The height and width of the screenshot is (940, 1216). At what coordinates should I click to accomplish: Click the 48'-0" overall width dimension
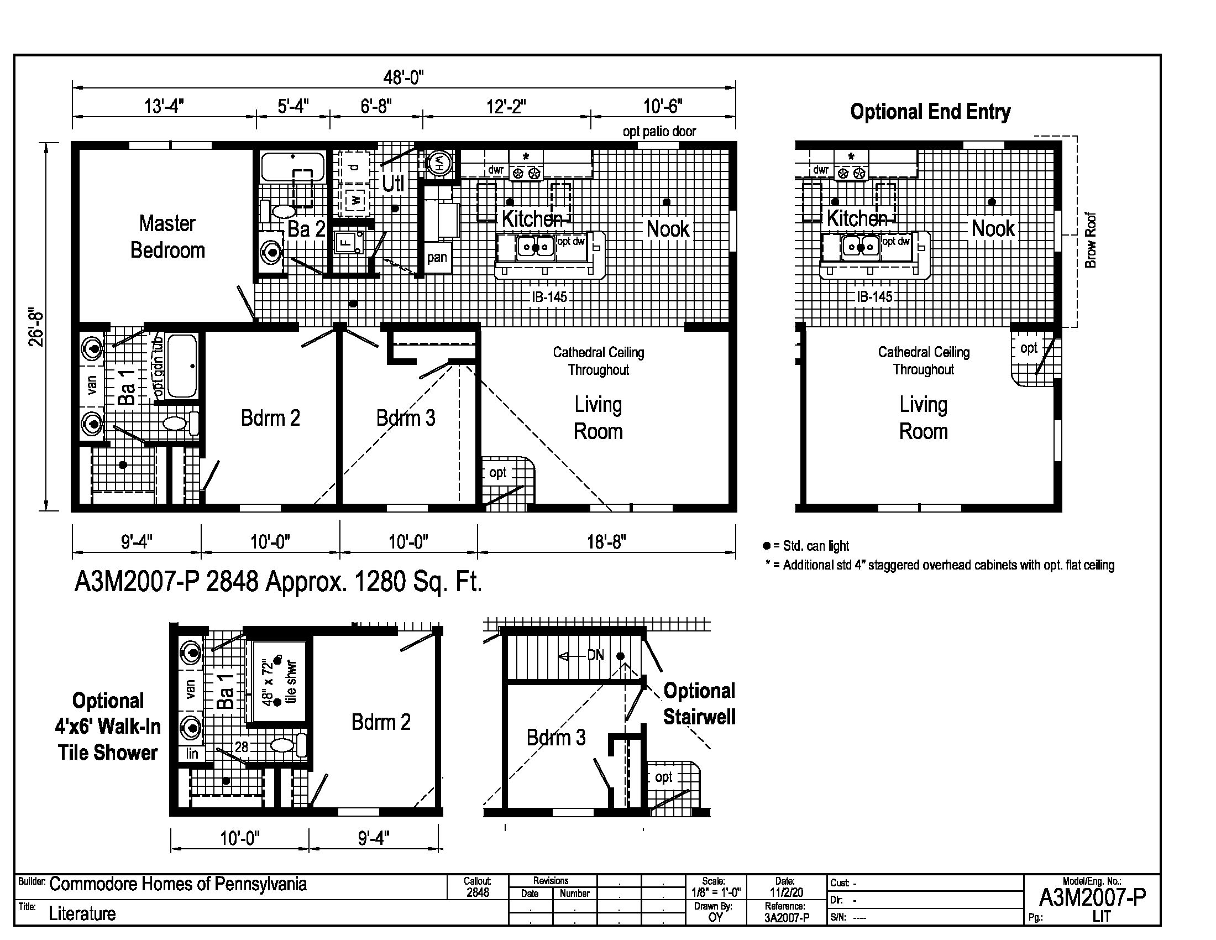point(403,78)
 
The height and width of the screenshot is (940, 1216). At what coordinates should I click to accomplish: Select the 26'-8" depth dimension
point(36,327)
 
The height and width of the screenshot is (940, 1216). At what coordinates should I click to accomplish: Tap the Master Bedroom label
point(167,237)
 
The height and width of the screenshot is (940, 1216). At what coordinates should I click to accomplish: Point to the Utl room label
point(393,183)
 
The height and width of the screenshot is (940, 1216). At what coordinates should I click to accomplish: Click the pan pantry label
point(437,257)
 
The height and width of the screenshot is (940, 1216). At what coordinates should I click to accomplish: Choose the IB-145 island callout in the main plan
point(549,297)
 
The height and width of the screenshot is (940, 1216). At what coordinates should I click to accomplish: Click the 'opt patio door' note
point(659,132)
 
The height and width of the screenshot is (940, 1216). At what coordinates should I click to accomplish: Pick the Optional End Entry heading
point(930,112)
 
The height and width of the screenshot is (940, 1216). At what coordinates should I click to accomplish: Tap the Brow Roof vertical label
point(1091,240)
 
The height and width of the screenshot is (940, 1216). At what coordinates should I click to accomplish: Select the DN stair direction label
point(596,655)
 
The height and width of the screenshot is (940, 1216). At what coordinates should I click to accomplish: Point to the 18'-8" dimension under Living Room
point(606,541)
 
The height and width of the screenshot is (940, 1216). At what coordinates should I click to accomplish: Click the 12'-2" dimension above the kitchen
point(506,106)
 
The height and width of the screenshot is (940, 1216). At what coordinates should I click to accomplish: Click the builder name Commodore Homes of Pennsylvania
point(177,884)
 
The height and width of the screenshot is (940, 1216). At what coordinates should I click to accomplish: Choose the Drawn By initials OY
point(715,917)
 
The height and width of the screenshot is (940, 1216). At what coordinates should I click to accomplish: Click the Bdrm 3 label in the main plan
point(406,418)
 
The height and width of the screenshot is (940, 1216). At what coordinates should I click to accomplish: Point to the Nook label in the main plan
point(668,229)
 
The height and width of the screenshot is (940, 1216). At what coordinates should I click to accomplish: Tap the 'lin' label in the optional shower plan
point(192,754)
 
